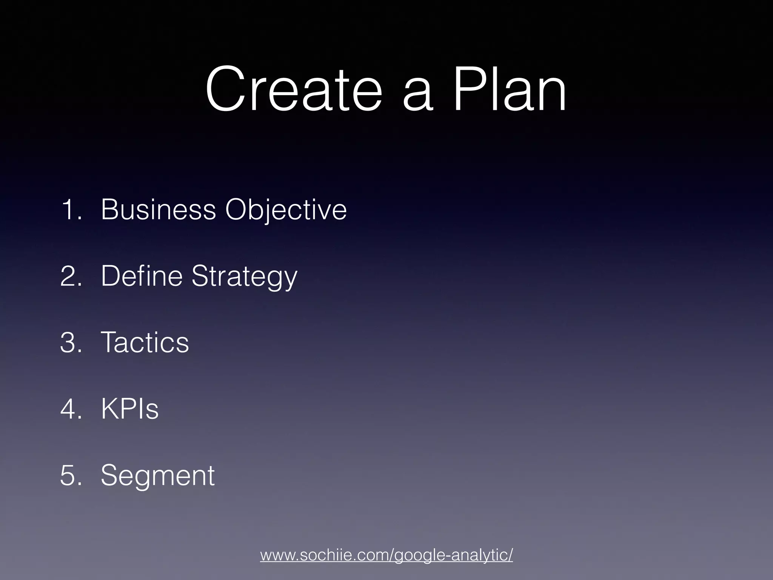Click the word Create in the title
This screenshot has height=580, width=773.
(294, 89)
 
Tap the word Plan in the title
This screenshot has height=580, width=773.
(509, 89)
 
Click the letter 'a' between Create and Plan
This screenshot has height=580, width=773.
(417, 96)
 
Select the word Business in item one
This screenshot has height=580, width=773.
(158, 210)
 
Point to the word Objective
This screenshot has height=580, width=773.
(286, 210)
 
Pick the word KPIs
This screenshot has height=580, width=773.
(129, 409)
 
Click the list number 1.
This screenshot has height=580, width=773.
(69, 210)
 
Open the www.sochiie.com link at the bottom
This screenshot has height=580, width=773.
(386, 555)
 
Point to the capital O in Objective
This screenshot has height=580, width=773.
(237, 210)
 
